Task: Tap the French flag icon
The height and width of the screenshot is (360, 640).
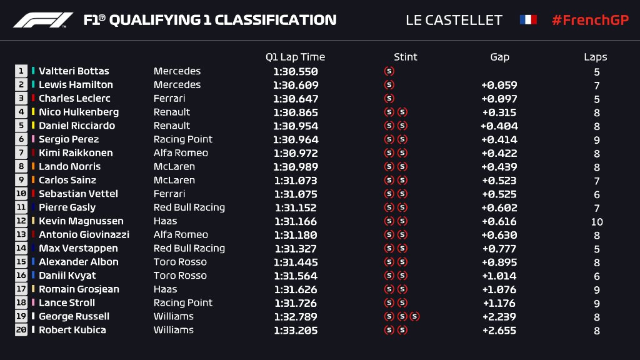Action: point(528,20)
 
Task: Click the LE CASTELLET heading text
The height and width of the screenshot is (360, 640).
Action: point(454,20)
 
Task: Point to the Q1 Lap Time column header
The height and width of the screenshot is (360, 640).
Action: point(295,57)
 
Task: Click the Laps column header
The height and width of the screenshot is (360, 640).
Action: point(595,57)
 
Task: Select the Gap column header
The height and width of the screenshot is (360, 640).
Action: point(499,57)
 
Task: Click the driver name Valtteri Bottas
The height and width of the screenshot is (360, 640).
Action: point(74,71)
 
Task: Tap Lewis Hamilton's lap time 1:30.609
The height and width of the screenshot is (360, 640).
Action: point(296,85)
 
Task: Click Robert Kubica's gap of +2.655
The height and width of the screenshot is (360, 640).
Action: point(499,330)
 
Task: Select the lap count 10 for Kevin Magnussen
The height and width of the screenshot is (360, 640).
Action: point(597,221)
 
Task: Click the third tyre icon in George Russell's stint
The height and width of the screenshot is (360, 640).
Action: point(414,316)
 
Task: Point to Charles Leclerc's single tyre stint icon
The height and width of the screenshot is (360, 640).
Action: point(389,99)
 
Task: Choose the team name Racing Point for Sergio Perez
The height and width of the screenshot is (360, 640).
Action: point(183,139)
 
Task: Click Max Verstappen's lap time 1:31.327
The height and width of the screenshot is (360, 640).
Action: point(296,248)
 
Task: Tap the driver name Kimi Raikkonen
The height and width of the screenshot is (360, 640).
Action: point(76,153)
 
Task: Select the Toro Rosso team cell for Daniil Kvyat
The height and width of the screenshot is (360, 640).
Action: point(180,276)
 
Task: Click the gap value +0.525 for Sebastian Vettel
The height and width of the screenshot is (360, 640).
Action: point(499,194)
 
